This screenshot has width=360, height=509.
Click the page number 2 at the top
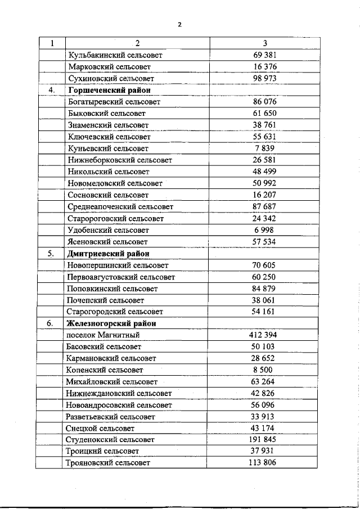(179, 24)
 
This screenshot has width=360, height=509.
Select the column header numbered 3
(265, 44)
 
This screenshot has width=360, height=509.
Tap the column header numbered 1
(52, 44)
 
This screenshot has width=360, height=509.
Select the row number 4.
(52, 90)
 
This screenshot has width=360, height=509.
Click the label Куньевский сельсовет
(108, 148)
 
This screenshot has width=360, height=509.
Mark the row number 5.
(51, 254)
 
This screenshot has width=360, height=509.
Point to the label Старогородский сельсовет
(115, 312)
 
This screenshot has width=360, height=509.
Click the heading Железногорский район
(111, 323)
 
